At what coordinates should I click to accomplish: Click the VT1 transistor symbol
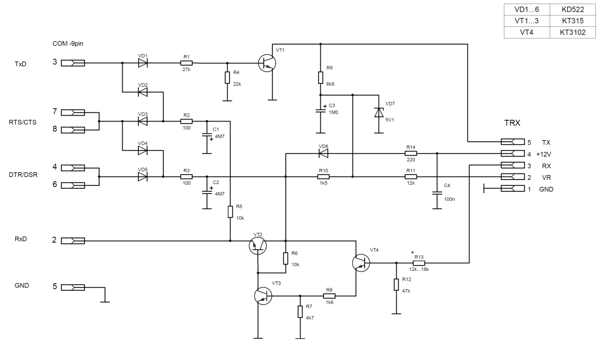click(267, 63)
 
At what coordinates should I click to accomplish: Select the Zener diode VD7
click(379, 113)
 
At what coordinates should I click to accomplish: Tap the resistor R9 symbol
click(321, 77)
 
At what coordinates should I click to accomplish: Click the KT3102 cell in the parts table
click(572, 32)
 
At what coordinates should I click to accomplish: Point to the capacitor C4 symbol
click(437, 193)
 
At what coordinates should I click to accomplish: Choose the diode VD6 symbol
click(323, 153)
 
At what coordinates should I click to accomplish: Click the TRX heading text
click(512, 123)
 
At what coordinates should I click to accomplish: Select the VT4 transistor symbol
click(361, 263)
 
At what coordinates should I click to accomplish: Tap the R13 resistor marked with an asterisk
click(419, 263)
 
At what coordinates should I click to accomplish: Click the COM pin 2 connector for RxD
click(73, 240)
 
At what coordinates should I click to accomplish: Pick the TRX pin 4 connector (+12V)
click(513, 154)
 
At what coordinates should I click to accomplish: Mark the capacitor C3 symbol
click(321, 110)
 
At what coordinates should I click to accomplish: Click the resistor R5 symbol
click(230, 212)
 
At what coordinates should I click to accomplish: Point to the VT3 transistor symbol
click(263, 296)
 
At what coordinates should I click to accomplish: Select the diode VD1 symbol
click(143, 63)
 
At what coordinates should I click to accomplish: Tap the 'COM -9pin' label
click(68, 43)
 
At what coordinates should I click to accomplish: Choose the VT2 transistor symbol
click(258, 246)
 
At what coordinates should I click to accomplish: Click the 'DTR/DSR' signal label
click(23, 175)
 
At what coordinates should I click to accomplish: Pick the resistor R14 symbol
click(411, 154)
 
